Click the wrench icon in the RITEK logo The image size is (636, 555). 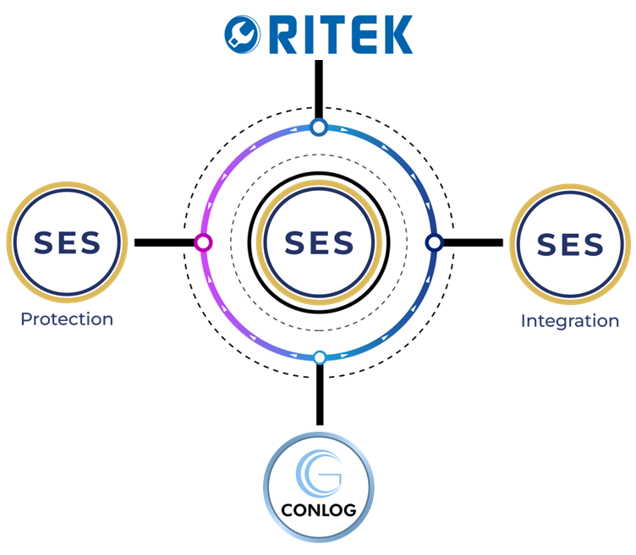(x=242, y=34)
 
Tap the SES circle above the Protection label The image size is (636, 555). (x=67, y=242)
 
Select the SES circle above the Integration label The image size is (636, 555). (x=571, y=243)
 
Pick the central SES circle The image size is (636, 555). (x=319, y=242)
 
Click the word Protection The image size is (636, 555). (x=67, y=319)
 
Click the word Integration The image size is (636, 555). (x=570, y=321)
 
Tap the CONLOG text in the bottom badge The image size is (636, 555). (x=319, y=510)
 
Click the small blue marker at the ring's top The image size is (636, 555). (x=318, y=128)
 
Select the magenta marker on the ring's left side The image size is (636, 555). (x=202, y=243)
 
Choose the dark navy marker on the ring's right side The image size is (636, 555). (x=434, y=243)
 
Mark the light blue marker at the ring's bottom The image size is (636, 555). (x=320, y=357)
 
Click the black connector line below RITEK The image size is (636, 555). (x=319, y=89)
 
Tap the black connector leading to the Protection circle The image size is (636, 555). (x=164, y=243)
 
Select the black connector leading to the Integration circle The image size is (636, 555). (x=472, y=243)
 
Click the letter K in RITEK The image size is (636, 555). (x=393, y=34)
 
